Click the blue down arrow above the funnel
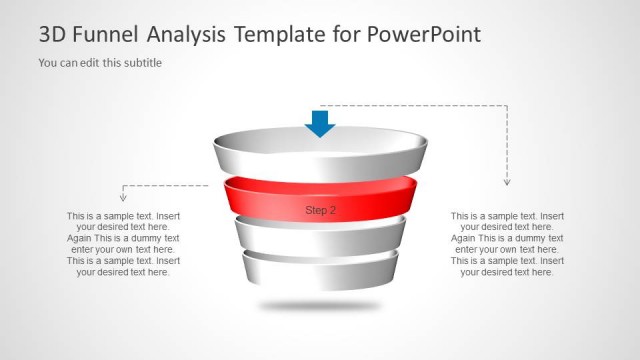320,122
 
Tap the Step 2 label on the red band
320,210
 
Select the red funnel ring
250,198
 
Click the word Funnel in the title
105,35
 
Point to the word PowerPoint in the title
425,35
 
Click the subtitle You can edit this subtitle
100,63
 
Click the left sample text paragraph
123,243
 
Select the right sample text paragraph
507,243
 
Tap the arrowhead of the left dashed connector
123,198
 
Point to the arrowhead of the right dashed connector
507,181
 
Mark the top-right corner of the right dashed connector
507,105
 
